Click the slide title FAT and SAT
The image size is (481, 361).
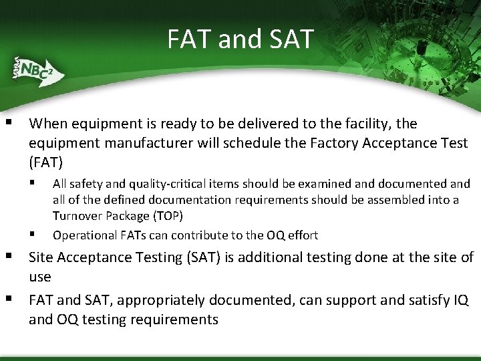pyautogui.click(x=240, y=39)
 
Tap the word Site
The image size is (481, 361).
pyautogui.click(x=41, y=257)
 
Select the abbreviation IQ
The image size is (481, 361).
pyautogui.click(x=460, y=300)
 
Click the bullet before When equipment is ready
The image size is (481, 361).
pyautogui.click(x=9, y=122)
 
